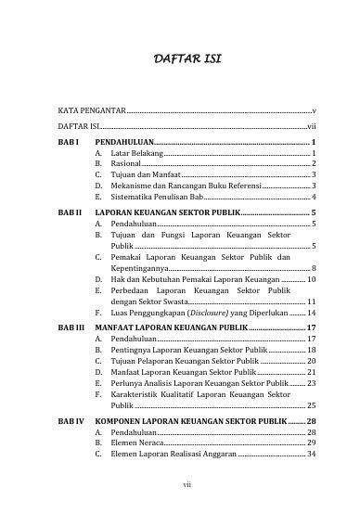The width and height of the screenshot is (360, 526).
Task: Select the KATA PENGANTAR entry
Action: (x=91, y=110)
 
